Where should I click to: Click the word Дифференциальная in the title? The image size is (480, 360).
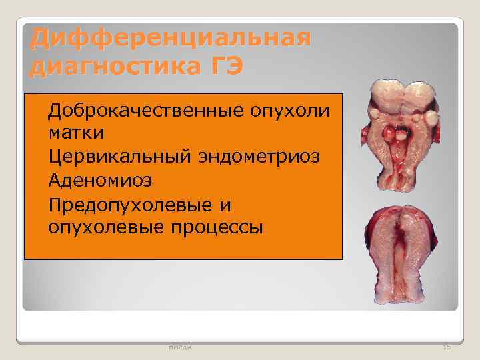(170, 38)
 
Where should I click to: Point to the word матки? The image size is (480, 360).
(76, 132)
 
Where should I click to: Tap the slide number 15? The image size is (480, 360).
(446, 346)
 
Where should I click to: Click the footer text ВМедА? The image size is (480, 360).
(179, 346)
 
